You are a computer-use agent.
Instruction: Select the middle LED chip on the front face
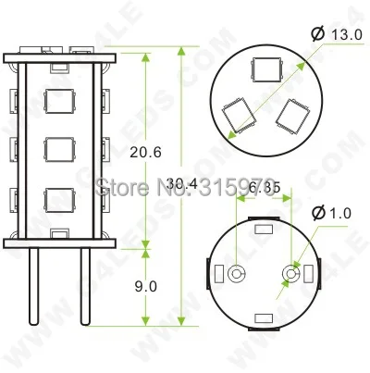[58, 147]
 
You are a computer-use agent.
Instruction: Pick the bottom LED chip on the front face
[58, 197]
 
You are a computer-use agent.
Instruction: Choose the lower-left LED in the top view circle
[237, 115]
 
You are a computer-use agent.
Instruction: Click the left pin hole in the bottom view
[237, 275]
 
